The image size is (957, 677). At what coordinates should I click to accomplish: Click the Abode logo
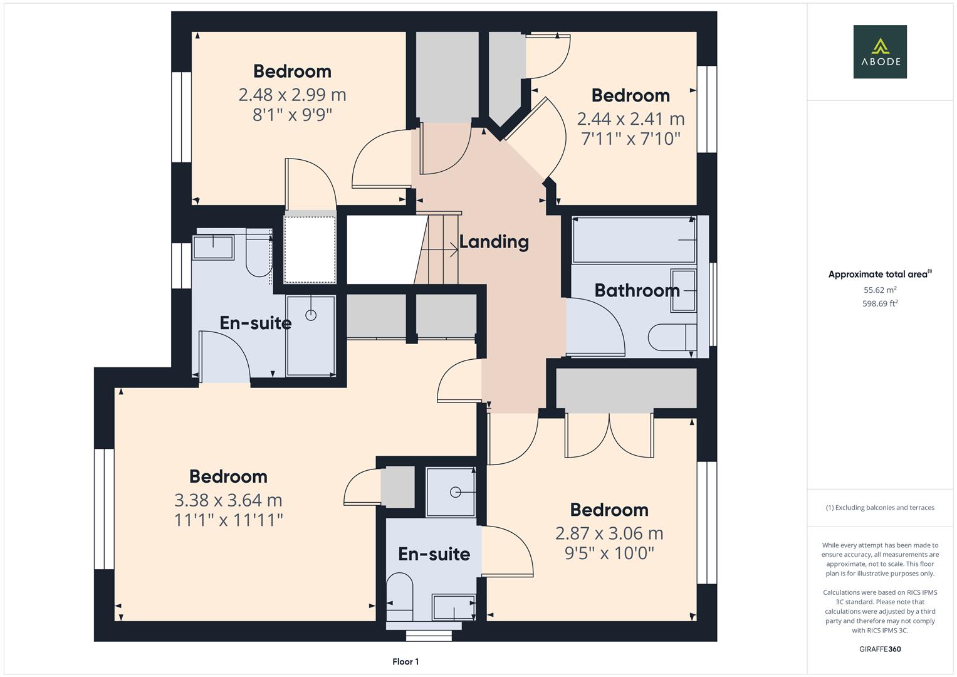pos(879,51)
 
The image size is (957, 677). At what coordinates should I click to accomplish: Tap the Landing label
pos(494,241)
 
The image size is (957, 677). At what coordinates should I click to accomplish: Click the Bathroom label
pos(637,290)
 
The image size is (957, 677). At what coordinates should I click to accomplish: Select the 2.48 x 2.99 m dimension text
pos(292,95)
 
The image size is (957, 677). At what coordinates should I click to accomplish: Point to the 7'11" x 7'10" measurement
pos(630,139)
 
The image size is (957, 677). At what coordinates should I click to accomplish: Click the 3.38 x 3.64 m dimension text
pos(228,500)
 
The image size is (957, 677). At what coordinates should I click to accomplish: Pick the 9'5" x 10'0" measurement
pos(609,553)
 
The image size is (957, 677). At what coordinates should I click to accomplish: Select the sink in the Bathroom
pos(683,291)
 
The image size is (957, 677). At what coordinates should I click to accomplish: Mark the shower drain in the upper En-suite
pos(311,315)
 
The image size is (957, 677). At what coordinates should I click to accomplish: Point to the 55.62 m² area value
pos(880,290)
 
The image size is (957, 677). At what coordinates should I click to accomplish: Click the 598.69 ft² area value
pos(880,303)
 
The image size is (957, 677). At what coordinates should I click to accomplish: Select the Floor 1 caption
pos(405,661)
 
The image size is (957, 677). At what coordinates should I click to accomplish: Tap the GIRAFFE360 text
pos(879,649)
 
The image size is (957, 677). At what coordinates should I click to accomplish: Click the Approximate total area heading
pos(879,274)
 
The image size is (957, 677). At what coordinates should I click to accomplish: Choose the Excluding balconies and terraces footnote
pos(879,508)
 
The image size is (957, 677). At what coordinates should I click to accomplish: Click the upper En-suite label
pos(255,323)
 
